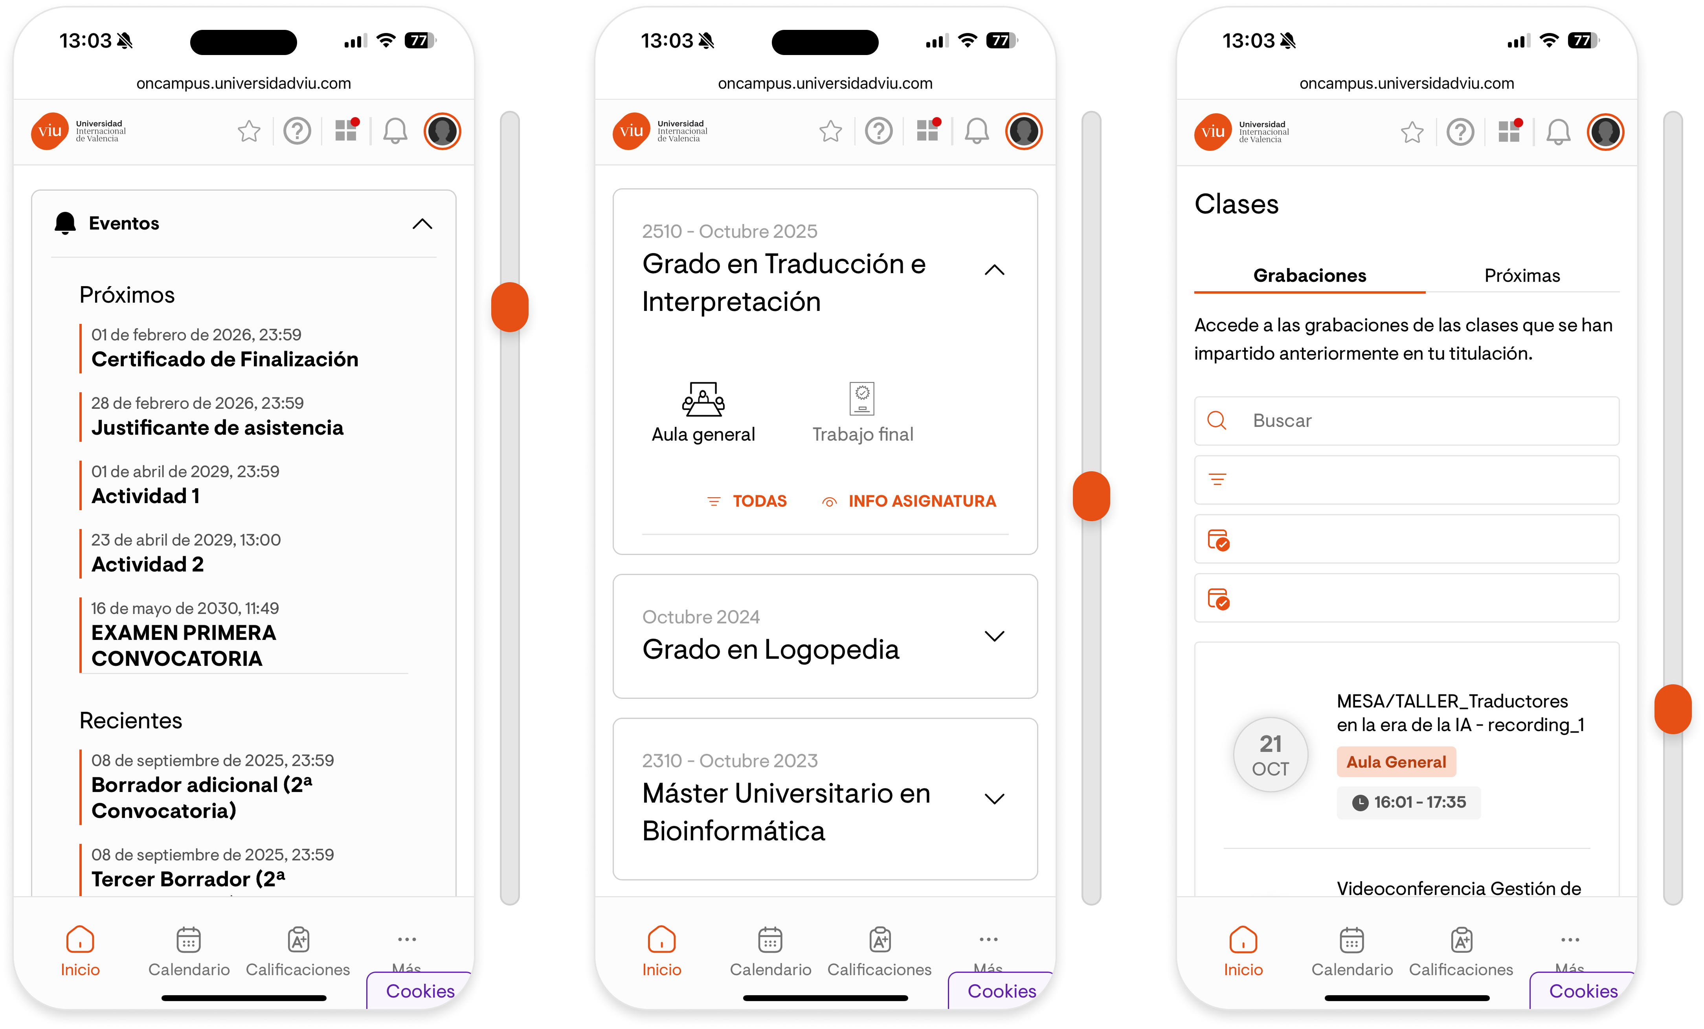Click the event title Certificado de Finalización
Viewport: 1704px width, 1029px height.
(225, 360)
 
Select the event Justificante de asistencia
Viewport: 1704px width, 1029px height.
(217, 428)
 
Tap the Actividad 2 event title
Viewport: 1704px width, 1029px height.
(147, 564)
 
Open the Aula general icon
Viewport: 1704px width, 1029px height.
(703, 399)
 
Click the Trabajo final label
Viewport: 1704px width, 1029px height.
(862, 434)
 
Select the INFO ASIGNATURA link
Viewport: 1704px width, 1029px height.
(909, 502)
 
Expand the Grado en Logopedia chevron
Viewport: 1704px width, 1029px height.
(994, 636)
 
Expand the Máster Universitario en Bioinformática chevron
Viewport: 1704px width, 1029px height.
(994, 799)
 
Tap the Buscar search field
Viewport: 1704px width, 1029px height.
(1407, 421)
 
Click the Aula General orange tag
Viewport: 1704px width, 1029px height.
(1396, 762)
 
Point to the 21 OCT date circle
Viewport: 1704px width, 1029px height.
(1271, 755)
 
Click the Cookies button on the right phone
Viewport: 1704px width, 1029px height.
(1583, 991)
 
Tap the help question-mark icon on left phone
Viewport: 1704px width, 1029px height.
(297, 131)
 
